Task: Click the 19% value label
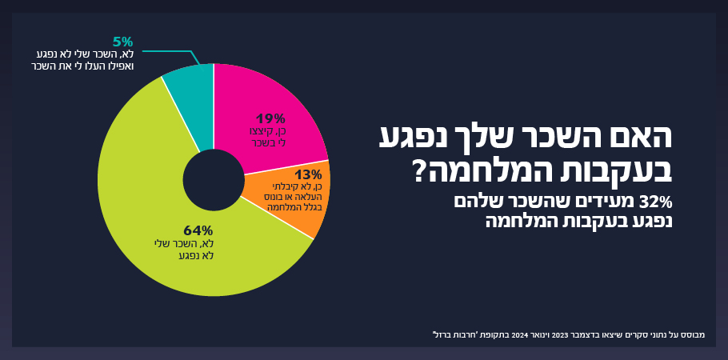tap(270, 118)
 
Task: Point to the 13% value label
tap(307, 174)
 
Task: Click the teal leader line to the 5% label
tap(172, 51)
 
